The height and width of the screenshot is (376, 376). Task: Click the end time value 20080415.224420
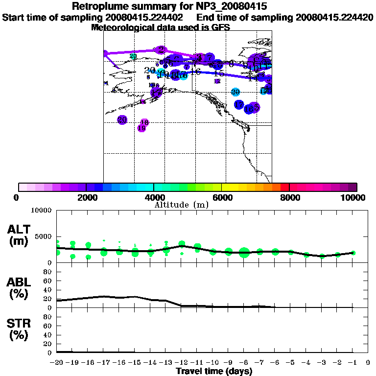coord(334,17)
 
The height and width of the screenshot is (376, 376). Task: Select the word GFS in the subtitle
coord(221,27)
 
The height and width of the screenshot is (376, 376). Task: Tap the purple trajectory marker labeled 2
coord(161,49)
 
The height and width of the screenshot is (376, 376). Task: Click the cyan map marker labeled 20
coord(235,92)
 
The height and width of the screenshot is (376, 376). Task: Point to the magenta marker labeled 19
coord(141,128)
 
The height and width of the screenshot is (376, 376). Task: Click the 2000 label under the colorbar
coord(86,197)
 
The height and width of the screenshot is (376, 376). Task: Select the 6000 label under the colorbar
coord(222,197)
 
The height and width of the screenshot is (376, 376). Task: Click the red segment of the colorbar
coord(284,187)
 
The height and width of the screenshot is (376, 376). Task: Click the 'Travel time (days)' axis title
coord(213,372)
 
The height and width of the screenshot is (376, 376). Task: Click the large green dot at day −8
coord(244,253)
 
